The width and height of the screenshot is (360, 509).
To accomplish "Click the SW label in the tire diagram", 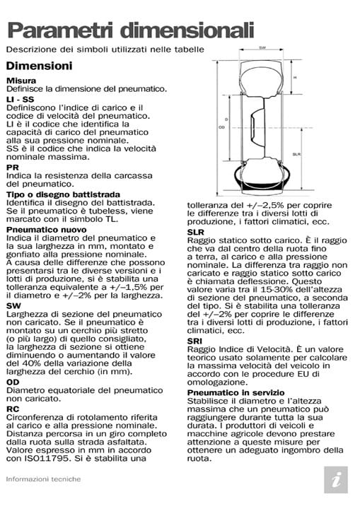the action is point(262,49).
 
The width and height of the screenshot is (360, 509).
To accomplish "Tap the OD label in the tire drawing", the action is point(221,128).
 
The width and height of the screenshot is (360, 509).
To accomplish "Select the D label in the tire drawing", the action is point(226,119).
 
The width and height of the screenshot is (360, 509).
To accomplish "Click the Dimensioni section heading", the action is point(39,66).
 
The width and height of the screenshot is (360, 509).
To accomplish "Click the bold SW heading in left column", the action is point(13,305).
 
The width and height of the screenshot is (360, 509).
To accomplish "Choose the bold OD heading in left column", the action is point(13,382).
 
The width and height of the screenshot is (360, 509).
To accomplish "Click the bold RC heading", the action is point(13,408).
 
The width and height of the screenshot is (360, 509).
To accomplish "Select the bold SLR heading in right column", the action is point(196,231).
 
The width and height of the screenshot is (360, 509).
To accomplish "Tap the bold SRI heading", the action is point(194,341).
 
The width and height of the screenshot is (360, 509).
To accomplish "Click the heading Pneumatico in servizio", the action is point(236,392).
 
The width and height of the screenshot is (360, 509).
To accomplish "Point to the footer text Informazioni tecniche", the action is point(43,479).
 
